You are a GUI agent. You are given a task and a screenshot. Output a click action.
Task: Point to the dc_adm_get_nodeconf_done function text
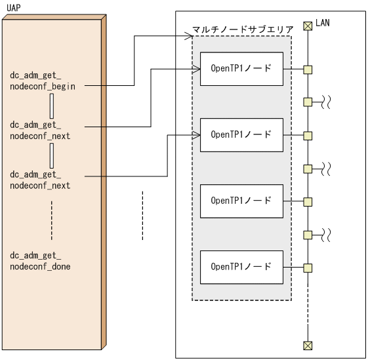[40, 261]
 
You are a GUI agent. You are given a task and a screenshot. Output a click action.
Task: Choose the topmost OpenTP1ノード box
[241, 68]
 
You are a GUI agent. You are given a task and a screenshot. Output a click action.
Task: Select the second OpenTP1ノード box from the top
[241, 134]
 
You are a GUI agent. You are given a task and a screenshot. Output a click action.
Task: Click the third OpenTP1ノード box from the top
[241, 201]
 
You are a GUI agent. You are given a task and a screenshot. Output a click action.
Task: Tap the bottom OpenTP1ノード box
[241, 267]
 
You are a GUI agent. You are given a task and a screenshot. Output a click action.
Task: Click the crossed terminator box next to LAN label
[308, 26]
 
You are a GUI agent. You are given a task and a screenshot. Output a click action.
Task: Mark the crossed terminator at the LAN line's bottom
[308, 346]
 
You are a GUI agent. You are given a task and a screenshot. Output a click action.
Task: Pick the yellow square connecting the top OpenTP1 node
[308, 68]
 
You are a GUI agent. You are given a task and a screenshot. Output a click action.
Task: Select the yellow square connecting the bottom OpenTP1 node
[308, 268]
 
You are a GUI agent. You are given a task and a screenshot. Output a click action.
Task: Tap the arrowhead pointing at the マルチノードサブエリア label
[188, 36]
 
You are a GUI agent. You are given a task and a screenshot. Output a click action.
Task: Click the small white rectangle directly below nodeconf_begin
[51, 106]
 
